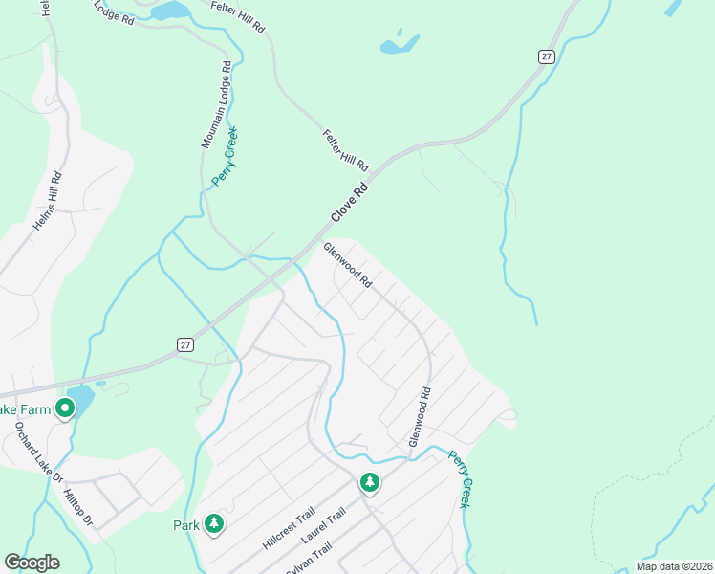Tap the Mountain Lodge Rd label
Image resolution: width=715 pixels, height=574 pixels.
coord(216,105)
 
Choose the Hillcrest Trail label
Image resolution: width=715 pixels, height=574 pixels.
coord(287,528)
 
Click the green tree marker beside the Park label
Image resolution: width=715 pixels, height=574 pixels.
coord(215,524)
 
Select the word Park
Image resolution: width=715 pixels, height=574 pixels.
coord(185,525)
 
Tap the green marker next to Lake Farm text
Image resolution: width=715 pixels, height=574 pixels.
coord(65,409)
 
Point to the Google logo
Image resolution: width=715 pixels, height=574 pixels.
coord(32,563)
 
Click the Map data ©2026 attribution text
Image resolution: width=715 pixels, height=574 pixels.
coord(674,566)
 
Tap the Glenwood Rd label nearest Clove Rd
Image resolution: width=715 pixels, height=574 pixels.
coord(347,266)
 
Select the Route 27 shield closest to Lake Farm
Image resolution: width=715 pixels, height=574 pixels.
coord(185,344)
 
